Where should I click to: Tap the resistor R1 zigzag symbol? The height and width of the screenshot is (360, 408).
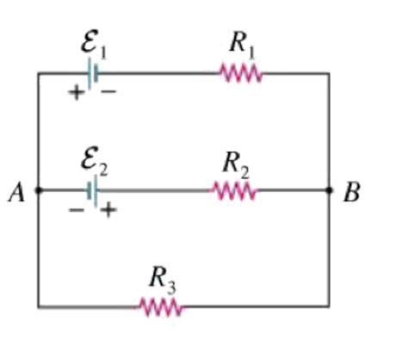click(242, 74)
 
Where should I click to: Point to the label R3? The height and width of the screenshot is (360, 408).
click(160, 276)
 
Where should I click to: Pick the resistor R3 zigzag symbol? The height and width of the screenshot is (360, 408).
click(161, 306)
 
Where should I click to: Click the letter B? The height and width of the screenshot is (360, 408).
click(351, 193)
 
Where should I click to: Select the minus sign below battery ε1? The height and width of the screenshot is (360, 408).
click(108, 92)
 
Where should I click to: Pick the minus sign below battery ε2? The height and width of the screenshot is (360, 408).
click(77, 209)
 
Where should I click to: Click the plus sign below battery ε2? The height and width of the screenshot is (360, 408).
click(107, 210)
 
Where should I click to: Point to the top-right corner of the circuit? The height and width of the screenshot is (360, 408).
click(329, 74)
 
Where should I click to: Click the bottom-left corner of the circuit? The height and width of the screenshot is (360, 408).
click(38, 306)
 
